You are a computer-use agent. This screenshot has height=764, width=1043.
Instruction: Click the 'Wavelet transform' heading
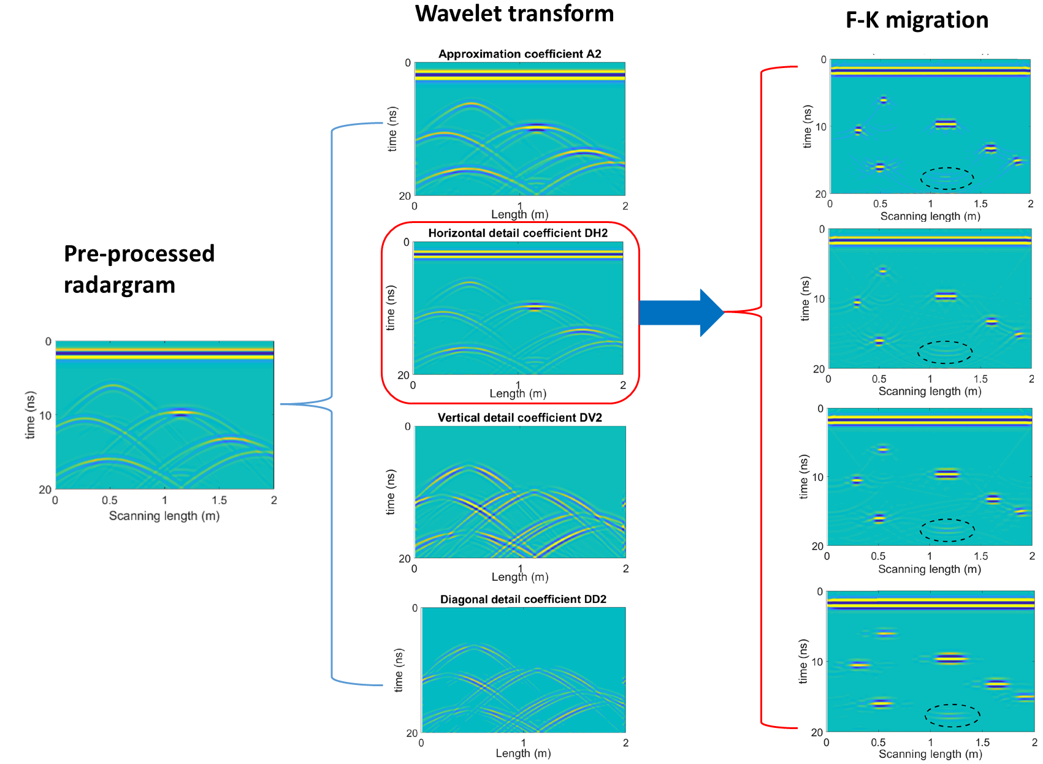[514, 13]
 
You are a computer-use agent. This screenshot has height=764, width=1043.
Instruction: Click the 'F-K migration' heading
[916, 20]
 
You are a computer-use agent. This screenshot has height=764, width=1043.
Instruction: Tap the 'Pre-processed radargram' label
[139, 269]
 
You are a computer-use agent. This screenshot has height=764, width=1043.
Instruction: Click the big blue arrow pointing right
[681, 312]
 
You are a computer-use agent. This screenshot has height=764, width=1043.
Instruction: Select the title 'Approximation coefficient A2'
[519, 54]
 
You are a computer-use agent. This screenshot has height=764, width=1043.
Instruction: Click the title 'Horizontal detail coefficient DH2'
[518, 233]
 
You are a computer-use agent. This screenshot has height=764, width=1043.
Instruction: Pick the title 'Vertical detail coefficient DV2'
[519, 417]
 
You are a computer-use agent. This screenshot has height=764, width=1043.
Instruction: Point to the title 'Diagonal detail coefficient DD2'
[523, 599]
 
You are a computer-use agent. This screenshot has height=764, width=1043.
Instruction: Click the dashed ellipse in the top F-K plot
[947, 178]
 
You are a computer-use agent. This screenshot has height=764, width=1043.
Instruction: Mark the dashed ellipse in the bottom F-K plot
[952, 715]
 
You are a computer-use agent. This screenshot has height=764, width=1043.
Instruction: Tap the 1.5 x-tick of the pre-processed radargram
[219, 501]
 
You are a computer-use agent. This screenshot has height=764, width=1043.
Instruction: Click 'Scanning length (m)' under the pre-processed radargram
[164, 516]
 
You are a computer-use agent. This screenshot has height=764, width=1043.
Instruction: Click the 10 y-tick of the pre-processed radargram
[45, 415]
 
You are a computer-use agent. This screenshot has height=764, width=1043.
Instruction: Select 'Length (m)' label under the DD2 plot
[523, 753]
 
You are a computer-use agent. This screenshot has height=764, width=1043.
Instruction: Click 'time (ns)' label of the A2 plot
[392, 129]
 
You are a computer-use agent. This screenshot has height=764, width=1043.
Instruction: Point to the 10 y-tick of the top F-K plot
[820, 127]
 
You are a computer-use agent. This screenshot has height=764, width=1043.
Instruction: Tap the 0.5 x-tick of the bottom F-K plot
[878, 743]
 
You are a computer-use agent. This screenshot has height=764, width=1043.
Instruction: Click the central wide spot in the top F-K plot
[946, 124]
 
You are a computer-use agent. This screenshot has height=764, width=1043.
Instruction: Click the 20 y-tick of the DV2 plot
[405, 558]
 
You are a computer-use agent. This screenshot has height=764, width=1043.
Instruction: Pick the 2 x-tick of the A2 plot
[625, 206]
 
